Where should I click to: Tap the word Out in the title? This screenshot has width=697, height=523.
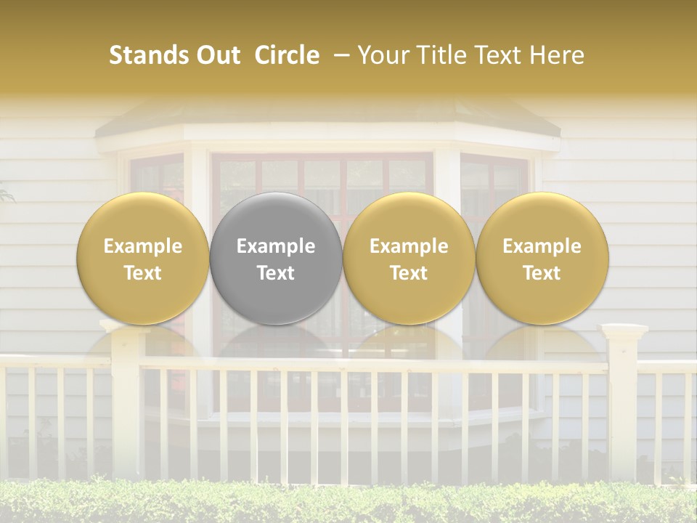pos(216,55)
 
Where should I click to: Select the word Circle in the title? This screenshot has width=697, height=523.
pos(287,55)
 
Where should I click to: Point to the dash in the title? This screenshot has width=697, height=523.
pos(339,56)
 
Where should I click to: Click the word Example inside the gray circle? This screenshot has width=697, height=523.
pos(276,246)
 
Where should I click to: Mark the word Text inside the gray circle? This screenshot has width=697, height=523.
pos(276,273)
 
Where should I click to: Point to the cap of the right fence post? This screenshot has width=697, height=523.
pos(623,332)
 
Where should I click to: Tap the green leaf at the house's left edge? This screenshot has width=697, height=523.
pos(6,195)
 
